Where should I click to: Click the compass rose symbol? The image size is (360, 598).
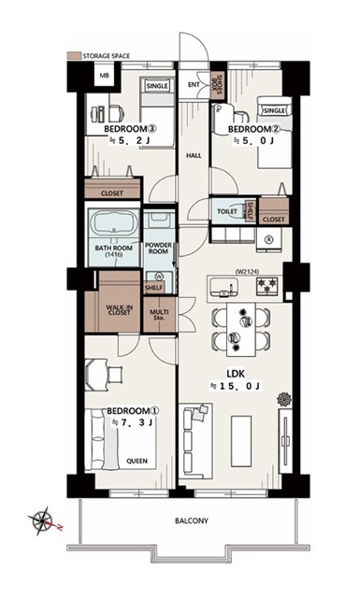(42, 520)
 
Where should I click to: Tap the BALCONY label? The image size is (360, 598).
(192, 520)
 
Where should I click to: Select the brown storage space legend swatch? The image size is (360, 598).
(74, 56)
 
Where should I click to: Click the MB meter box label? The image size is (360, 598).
(104, 76)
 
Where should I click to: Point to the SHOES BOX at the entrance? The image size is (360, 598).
(217, 86)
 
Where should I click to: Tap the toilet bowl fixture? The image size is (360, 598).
(238, 211)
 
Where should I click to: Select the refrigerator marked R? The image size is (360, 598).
(269, 240)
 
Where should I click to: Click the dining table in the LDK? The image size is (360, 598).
(241, 329)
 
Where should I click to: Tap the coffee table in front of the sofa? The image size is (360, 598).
(241, 441)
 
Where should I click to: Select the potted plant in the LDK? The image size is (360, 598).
(284, 399)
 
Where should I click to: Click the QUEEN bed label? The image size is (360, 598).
(137, 461)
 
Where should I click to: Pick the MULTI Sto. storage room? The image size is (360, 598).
(159, 315)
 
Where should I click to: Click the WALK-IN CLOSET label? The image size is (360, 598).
(119, 309)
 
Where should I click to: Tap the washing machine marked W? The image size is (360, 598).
(160, 277)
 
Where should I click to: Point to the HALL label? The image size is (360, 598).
(194, 155)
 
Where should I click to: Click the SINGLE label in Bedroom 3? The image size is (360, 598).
(157, 86)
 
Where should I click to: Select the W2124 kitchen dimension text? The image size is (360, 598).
(248, 272)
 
